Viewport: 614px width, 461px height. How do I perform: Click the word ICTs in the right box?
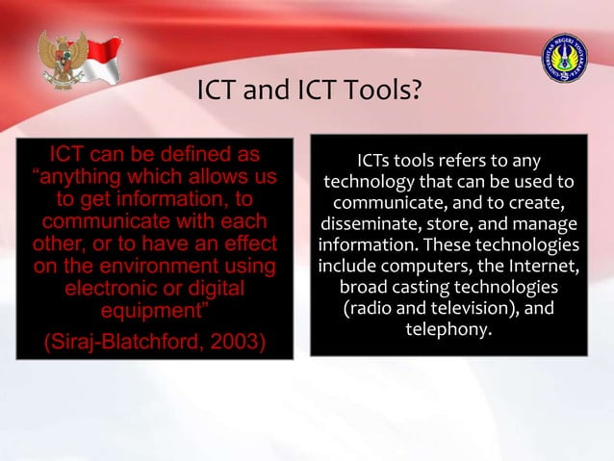click(374, 160)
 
